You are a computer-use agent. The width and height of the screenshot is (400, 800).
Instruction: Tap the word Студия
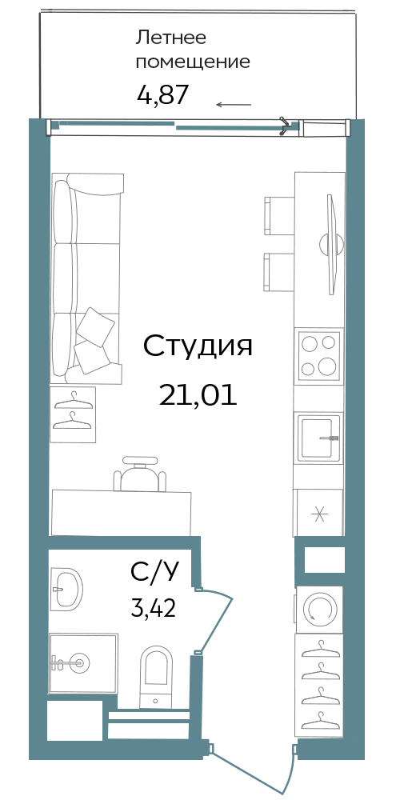coord(198,346)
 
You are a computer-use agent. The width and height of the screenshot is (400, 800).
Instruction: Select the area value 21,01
coord(198,394)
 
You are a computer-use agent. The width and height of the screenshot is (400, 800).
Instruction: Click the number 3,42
coord(154,608)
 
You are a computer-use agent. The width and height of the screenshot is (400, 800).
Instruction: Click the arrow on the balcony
coord(234,105)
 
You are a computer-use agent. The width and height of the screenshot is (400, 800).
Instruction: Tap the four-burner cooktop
coord(319,355)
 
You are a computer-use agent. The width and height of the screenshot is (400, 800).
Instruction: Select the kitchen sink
coord(319,438)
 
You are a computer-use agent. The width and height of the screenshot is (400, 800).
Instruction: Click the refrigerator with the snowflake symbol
coord(318,513)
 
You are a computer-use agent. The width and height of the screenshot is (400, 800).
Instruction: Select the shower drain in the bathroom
coord(78,662)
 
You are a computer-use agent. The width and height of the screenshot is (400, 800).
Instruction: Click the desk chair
coord(140,474)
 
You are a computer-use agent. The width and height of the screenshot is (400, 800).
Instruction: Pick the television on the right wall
coord(332,244)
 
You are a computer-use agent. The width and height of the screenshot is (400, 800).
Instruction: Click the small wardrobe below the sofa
coord(73,414)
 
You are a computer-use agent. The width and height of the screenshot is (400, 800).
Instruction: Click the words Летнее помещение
coord(193,50)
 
